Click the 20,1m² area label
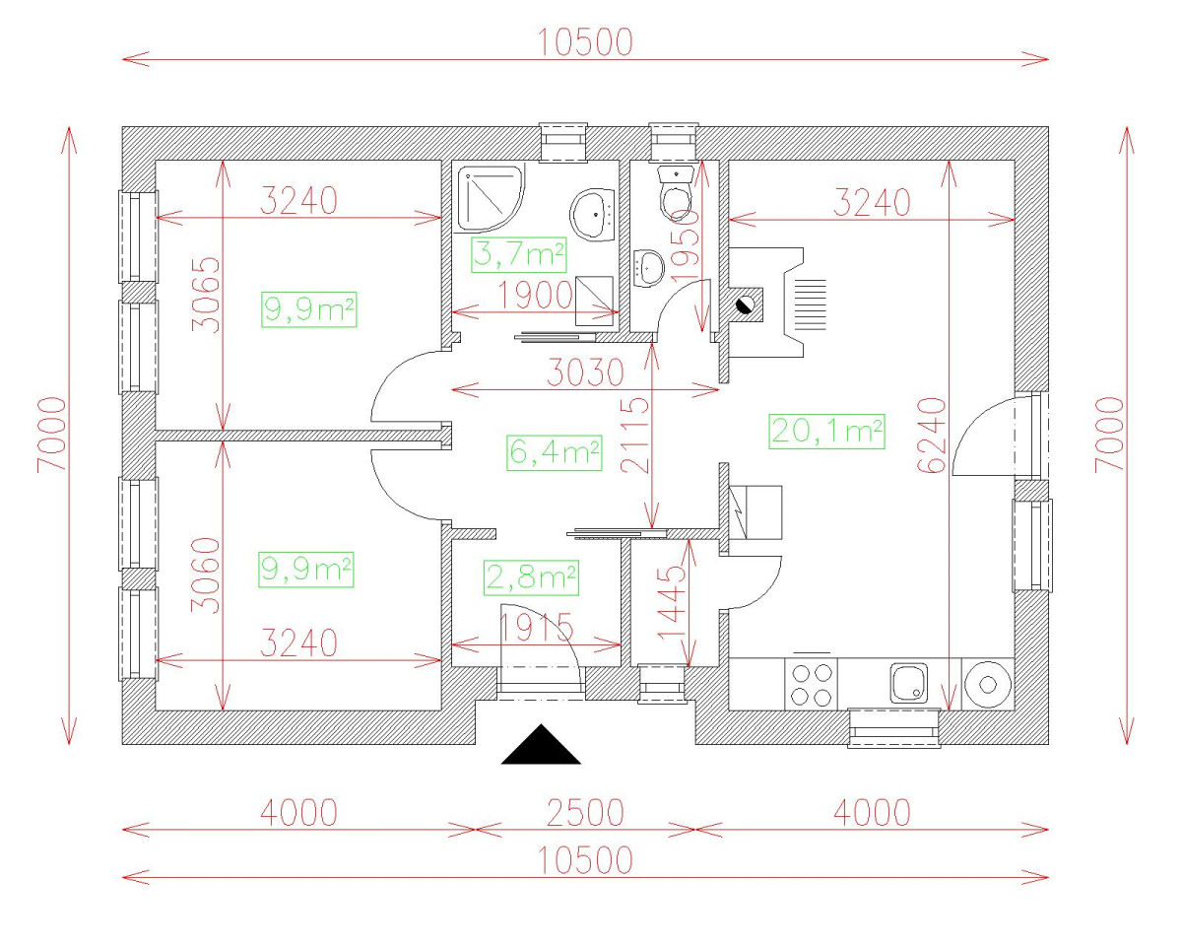[827, 432]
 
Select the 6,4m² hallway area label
[555, 453]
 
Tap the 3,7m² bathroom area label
[518, 255]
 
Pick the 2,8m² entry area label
[531, 577]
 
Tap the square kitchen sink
[909, 683]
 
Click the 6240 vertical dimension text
[932, 435]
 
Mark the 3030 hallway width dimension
[585, 372]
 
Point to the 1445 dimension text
[672, 602]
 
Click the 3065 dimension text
[206, 295]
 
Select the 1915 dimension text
[536, 627]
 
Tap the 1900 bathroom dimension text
[535, 296]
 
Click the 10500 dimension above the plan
[585, 43]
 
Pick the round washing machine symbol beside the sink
[988, 685]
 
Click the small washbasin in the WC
[649, 268]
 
